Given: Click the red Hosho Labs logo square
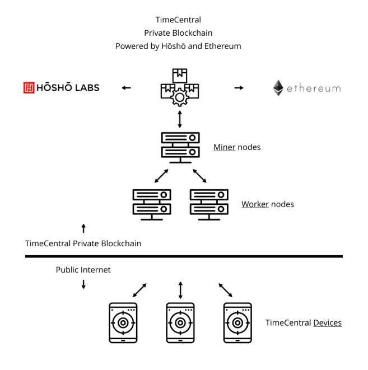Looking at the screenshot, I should click(29, 87).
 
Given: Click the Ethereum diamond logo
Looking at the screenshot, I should click(278, 88).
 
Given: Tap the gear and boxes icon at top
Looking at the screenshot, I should click(179, 88).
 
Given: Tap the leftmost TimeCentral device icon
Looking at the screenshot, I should click(123, 323).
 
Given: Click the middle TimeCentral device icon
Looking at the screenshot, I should click(180, 323).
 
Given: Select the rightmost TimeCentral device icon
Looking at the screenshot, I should click(237, 323).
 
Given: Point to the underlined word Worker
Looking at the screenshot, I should click(255, 204).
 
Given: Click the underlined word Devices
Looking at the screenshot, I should click(327, 323).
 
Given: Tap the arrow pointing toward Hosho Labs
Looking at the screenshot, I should click(127, 88).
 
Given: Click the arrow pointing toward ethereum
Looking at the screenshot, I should click(239, 88).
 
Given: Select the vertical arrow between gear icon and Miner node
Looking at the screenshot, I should click(180, 119).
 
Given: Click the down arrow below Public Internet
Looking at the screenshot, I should click(83, 284).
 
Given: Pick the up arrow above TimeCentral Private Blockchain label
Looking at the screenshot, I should click(83, 228).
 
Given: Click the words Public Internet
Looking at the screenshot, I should click(83, 270).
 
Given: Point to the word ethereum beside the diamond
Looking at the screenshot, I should click(314, 88).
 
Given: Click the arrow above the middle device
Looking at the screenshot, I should click(180, 290).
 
